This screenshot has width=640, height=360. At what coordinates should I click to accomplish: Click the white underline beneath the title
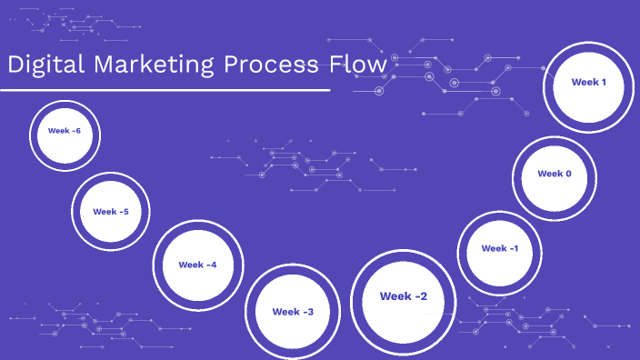pos(165,90)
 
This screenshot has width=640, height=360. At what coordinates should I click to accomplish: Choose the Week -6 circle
pos(64,134)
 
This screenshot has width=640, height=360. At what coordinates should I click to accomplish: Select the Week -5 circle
pos(111,213)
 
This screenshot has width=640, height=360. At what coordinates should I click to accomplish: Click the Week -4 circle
pos(197,264)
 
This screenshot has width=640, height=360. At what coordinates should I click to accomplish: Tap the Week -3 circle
pos(293,310)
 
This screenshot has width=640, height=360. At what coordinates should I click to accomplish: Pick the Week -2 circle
pos(403,300)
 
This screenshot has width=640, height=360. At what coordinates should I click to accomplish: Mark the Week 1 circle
pos(588,85)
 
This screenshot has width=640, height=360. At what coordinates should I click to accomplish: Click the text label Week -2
pos(403,296)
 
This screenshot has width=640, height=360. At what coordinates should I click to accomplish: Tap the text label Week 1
pos(588,82)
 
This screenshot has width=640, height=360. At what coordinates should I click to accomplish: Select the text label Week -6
pos(64,131)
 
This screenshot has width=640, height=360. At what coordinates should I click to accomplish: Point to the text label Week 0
pos(554,174)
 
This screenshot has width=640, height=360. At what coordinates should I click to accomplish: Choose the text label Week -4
pos(197,265)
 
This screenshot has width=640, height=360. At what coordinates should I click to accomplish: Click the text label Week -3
pos(293,312)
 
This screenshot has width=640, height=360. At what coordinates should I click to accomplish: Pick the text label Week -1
pos(499,248)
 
